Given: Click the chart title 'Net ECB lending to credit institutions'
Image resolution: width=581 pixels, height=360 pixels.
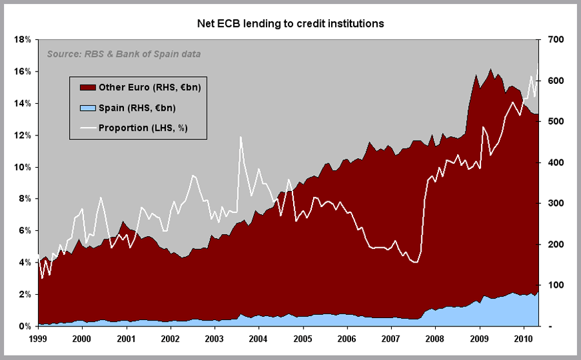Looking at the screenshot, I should pyautogui.click(x=290, y=24).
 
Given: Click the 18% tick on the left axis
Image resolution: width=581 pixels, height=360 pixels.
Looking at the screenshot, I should pyautogui.click(x=23, y=39).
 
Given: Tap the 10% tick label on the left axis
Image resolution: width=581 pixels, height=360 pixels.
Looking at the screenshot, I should pyautogui.click(x=23, y=167).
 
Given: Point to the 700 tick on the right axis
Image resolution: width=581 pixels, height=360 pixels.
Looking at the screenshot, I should pyautogui.click(x=558, y=39).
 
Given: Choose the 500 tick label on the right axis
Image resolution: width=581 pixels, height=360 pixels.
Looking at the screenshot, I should pyautogui.click(x=558, y=121).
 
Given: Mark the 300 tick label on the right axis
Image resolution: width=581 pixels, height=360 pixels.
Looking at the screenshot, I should pyautogui.click(x=558, y=203).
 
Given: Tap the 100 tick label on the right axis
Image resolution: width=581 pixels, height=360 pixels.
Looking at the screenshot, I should pyautogui.click(x=558, y=285).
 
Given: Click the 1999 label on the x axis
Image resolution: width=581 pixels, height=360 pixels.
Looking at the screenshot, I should pyautogui.click(x=37, y=338).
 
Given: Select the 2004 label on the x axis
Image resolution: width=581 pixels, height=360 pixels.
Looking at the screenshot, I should pyautogui.click(x=258, y=338).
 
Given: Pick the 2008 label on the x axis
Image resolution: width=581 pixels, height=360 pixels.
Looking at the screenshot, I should pyautogui.click(x=434, y=338).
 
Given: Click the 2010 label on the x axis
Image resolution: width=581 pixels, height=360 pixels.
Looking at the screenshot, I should pyautogui.click(x=523, y=338).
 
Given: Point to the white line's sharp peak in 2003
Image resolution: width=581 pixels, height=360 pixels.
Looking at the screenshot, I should pyautogui.click(x=240, y=137).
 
